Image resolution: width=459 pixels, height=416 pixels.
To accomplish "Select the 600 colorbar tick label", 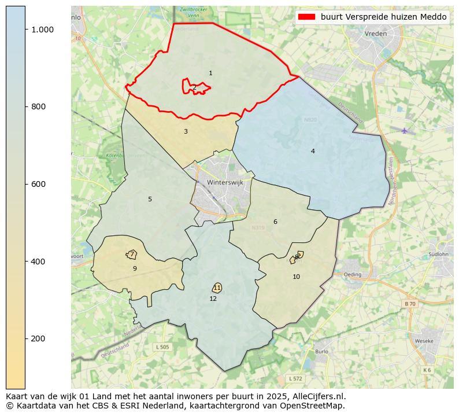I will (38, 184).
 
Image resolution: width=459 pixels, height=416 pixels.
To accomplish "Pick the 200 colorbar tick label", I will (38, 338).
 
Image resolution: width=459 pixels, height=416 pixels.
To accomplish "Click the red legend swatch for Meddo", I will (306, 17).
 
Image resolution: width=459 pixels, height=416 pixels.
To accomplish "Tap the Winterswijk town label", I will (225, 182).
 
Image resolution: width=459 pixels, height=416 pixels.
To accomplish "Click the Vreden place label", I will (375, 34).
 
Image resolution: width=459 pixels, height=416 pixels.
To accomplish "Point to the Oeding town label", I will (352, 274).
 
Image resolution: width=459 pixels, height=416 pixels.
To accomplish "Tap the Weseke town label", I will (424, 341).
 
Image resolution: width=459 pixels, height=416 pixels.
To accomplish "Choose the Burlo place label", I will (321, 351).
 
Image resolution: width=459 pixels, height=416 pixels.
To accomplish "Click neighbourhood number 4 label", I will (313, 151).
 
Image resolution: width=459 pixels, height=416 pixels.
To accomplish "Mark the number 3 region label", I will (186, 131).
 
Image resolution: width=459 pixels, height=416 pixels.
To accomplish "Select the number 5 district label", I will (150, 199).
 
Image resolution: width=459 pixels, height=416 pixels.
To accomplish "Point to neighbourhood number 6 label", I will (275, 222).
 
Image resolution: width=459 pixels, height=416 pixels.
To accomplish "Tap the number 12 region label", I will (213, 299).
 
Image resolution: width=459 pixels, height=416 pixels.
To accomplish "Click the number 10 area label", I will (296, 277).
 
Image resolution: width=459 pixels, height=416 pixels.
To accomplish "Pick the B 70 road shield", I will (409, 304).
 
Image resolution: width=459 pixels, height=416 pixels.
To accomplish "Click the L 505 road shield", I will (162, 347).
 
